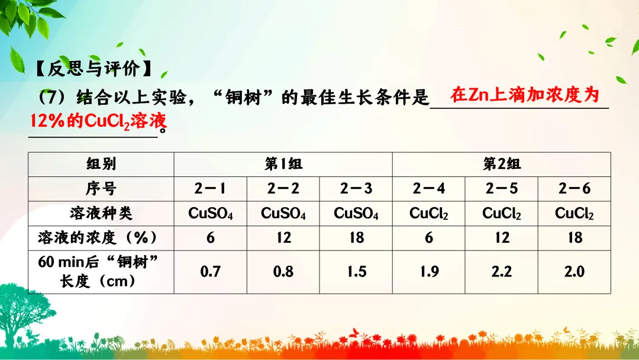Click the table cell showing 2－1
pyautogui.click(x=211, y=189)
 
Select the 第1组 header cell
pyautogui.click(x=283, y=164)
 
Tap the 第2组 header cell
pyautogui.click(x=502, y=164)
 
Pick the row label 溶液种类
pyautogui.click(x=101, y=213)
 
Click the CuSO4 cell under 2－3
pyautogui.click(x=356, y=214)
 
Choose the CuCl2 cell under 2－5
pyautogui.click(x=502, y=214)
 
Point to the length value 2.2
pyautogui.click(x=502, y=272)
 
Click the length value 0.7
pyautogui.click(x=211, y=272)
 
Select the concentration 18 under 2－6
pyautogui.click(x=575, y=238)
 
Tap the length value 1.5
pyautogui.click(x=356, y=272)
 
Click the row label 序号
pyautogui.click(x=101, y=189)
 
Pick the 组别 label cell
pyautogui.click(x=101, y=164)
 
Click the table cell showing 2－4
pyautogui.click(x=429, y=189)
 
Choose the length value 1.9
pyautogui.click(x=429, y=272)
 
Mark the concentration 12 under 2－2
pyautogui.click(x=283, y=238)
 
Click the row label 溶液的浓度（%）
pyautogui.click(x=101, y=238)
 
